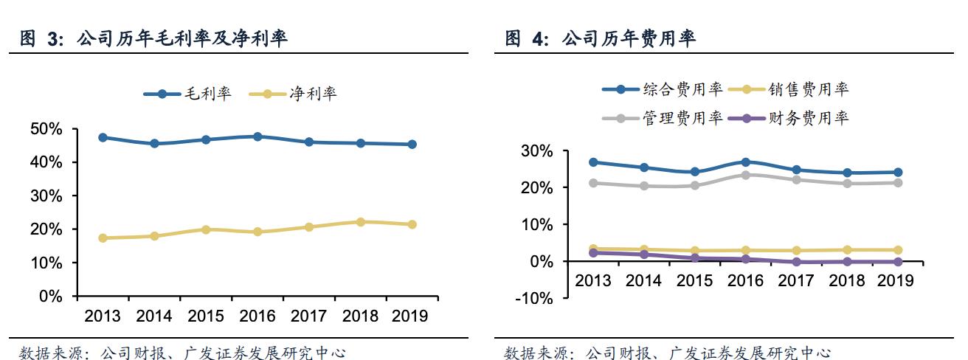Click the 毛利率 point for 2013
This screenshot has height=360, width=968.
(x=103, y=138)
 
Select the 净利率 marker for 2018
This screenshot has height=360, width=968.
(x=360, y=222)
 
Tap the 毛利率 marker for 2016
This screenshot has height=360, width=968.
(x=257, y=136)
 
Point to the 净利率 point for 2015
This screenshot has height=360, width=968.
(x=205, y=229)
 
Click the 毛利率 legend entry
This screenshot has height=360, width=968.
(x=187, y=94)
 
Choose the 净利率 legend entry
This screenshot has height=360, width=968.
(x=294, y=94)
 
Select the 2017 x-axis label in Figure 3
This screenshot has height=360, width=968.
(x=308, y=316)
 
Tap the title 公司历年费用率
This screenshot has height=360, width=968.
(x=628, y=40)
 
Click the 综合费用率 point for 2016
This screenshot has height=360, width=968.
(x=745, y=162)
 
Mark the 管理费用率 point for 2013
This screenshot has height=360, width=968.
(x=592, y=183)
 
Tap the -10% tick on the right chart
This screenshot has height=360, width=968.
(x=536, y=298)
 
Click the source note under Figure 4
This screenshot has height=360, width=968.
(x=667, y=353)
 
